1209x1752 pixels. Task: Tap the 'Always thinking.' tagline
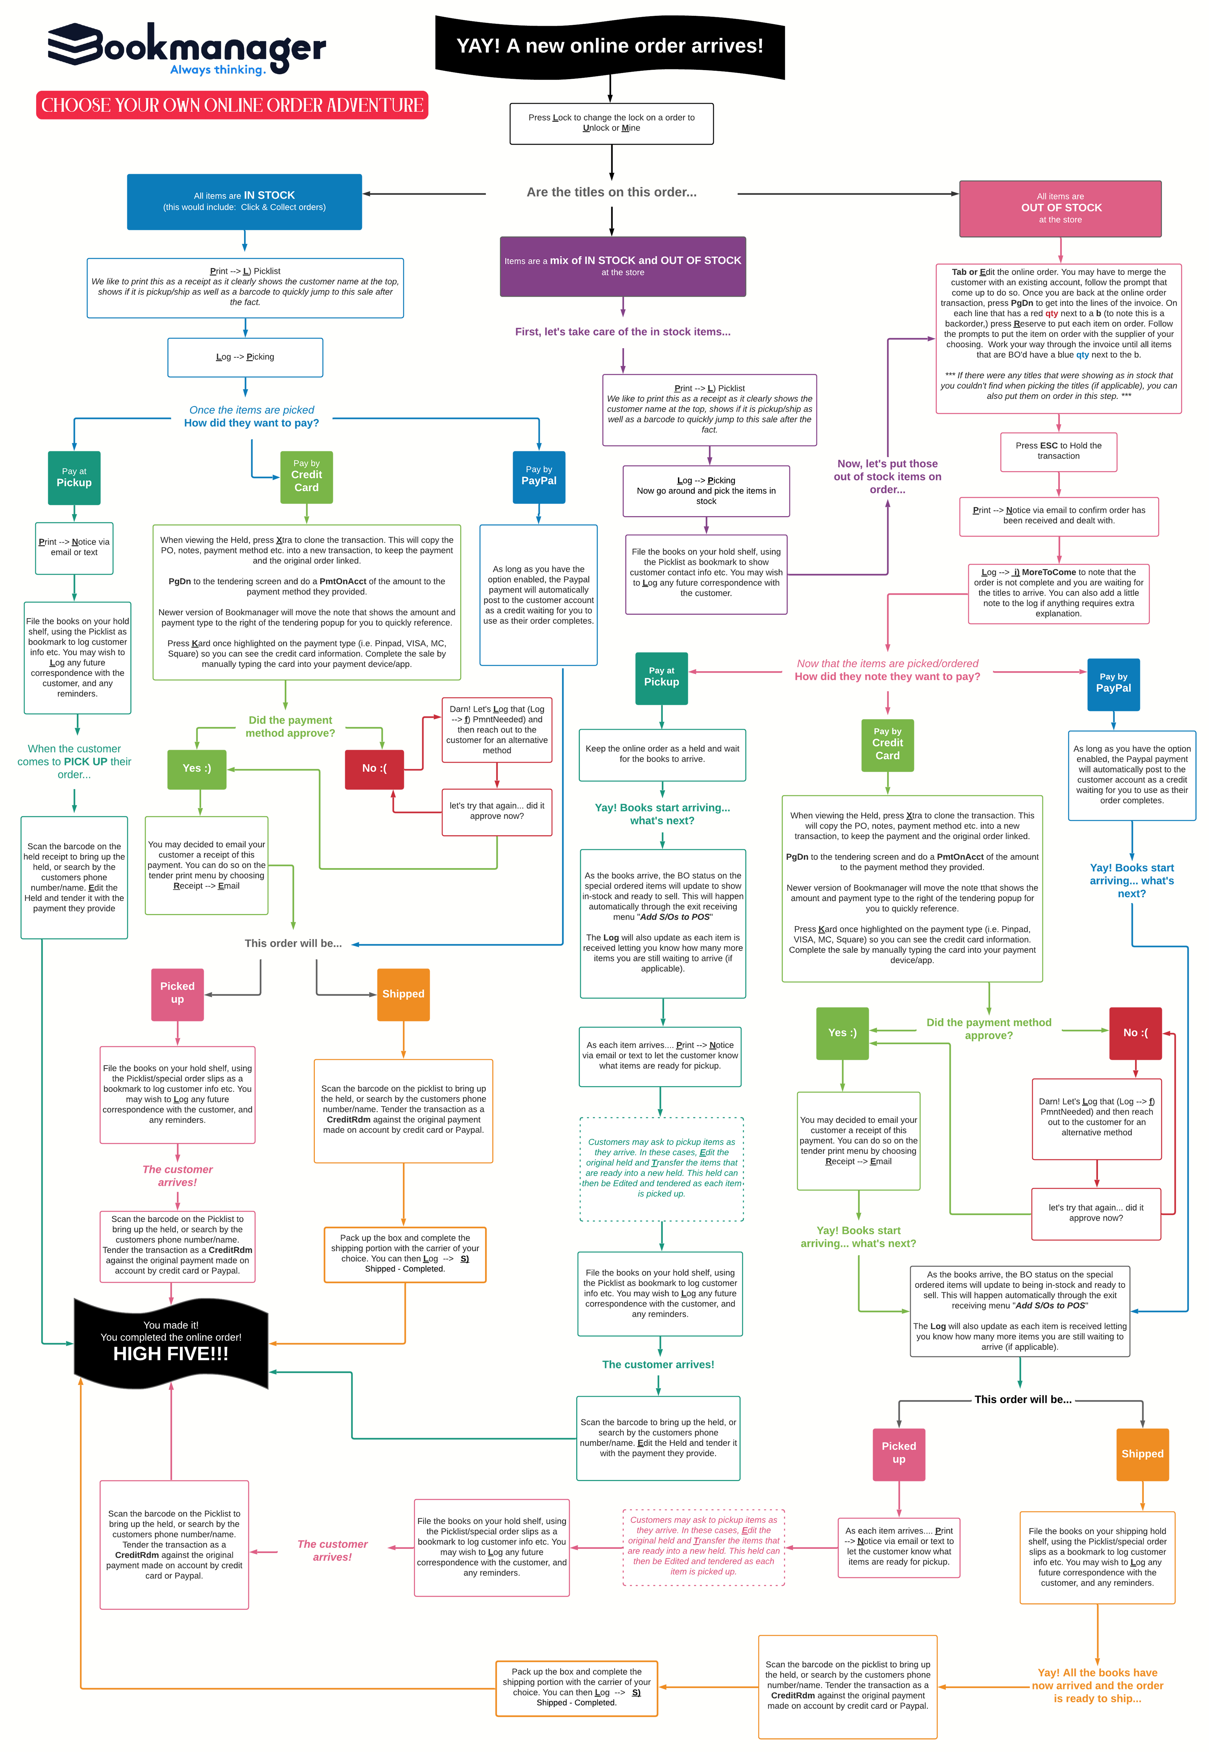tap(217, 70)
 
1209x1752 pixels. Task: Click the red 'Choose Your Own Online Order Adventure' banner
tap(232, 106)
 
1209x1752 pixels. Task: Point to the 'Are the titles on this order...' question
tap(611, 193)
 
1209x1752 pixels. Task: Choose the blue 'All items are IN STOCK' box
tap(244, 202)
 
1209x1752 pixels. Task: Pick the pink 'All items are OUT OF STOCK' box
tap(1060, 208)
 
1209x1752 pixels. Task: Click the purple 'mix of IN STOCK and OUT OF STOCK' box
tap(623, 266)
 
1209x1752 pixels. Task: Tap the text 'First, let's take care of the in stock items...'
tap(623, 332)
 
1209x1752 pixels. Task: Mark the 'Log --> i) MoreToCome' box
tap(1058, 593)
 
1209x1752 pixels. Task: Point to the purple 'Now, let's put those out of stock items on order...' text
tap(887, 477)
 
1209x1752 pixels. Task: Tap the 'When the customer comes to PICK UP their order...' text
tap(74, 762)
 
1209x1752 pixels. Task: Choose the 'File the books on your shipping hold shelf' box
tap(1097, 1557)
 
